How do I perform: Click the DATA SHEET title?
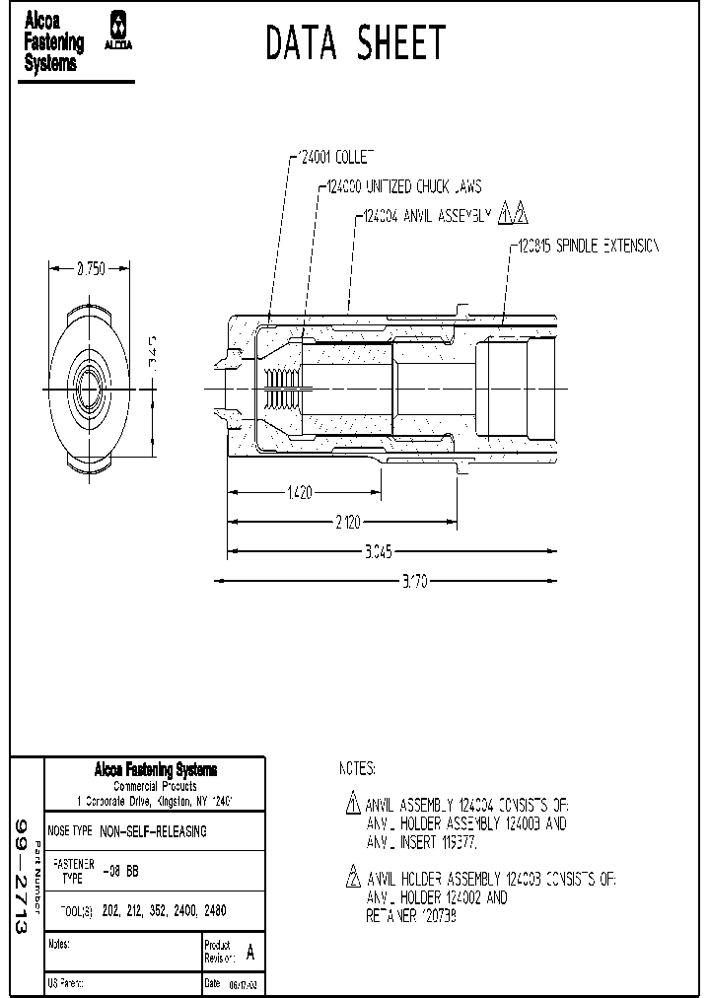[x=356, y=44]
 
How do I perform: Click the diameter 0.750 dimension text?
[x=90, y=268]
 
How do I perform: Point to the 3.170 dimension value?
[x=415, y=582]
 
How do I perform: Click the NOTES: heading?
[x=357, y=768]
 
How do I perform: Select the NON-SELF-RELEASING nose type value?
[x=154, y=831]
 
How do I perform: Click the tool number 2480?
[x=227, y=912]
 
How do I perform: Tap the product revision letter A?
[x=249, y=953]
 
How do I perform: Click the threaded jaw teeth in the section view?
[x=281, y=390]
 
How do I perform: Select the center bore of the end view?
[x=90, y=390]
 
